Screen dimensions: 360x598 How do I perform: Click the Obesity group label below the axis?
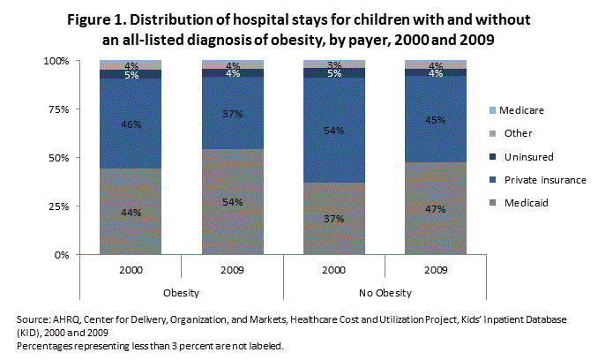(x=181, y=290)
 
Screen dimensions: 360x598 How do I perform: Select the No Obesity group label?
(x=385, y=290)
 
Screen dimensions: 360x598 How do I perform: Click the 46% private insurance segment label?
(x=131, y=124)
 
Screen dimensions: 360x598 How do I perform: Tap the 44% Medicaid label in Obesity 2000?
(x=131, y=213)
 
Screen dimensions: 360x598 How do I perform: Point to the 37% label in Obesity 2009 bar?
(x=232, y=115)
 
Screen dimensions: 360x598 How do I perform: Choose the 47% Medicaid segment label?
(x=435, y=209)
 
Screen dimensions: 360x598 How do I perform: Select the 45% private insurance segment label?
(x=435, y=123)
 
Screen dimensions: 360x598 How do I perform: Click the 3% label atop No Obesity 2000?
(x=333, y=65)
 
